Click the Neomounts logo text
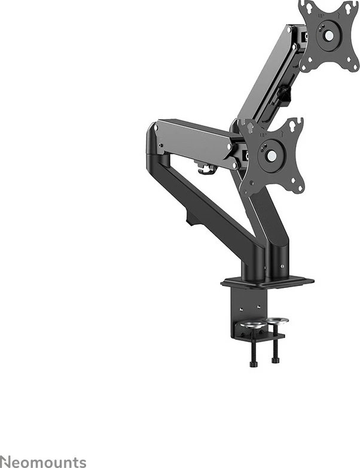tap(43, 461)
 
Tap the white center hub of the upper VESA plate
tap(329, 36)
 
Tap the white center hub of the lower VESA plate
tap(271, 155)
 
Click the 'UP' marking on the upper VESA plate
tap(321, 16)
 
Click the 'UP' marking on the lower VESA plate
tap(263, 135)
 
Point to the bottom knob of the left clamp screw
tap(252, 364)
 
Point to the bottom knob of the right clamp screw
tap(275, 360)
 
